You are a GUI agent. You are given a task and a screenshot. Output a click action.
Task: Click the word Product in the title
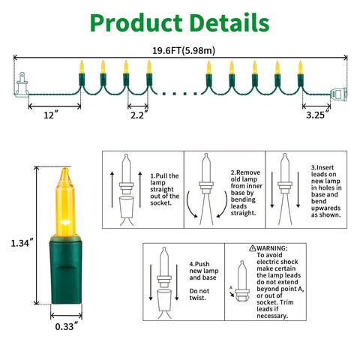click(x=136, y=23)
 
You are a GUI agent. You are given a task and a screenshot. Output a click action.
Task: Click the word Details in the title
click(x=229, y=22)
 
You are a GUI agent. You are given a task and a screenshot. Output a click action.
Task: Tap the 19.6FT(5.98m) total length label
click(x=184, y=51)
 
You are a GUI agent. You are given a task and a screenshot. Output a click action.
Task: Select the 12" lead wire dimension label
click(x=51, y=115)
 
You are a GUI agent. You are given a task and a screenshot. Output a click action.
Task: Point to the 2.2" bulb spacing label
click(x=139, y=115)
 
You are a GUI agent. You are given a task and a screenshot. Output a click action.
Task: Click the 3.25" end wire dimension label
click(x=317, y=115)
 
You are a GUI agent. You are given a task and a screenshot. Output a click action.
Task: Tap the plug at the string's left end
click(x=22, y=85)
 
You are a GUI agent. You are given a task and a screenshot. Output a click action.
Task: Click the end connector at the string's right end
click(x=339, y=94)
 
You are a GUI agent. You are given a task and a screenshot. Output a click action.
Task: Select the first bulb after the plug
click(x=82, y=73)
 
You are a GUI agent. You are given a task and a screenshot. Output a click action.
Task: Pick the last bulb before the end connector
click(x=300, y=73)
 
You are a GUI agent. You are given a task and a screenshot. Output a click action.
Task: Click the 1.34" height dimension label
click(x=22, y=243)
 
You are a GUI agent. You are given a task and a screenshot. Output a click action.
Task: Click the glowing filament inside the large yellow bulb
click(x=65, y=221)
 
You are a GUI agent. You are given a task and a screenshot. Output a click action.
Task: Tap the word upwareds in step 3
click(x=325, y=208)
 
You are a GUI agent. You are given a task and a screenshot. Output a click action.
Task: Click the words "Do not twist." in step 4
click(x=199, y=294)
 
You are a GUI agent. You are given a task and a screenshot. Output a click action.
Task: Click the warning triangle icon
click(x=253, y=248)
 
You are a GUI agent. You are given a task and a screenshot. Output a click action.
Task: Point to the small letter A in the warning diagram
click(x=231, y=288)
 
